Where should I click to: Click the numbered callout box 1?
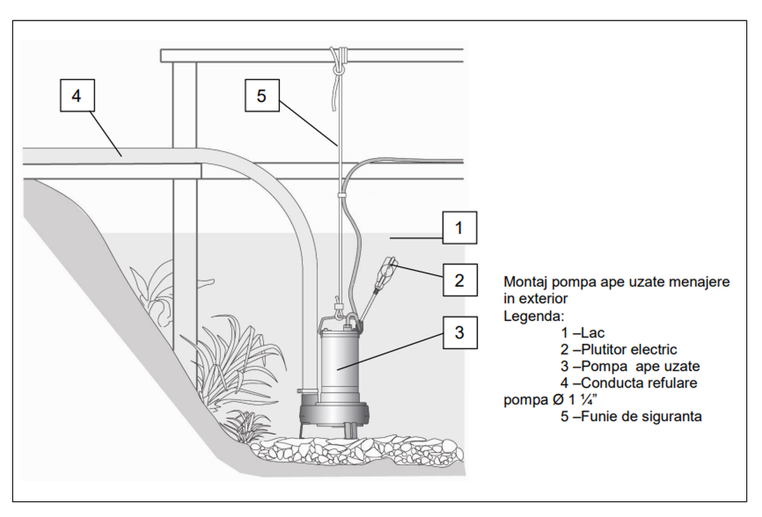click(460, 228)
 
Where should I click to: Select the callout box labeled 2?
click(460, 280)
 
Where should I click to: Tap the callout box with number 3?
click(460, 333)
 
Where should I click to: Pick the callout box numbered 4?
click(77, 96)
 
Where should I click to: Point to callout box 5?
click(262, 96)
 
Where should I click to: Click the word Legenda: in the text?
click(533, 316)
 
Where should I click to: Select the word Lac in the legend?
click(593, 333)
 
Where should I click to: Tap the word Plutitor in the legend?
click(603, 350)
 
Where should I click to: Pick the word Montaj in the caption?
click(526, 282)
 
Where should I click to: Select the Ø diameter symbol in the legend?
click(558, 400)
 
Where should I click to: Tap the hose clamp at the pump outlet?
click(308, 391)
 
